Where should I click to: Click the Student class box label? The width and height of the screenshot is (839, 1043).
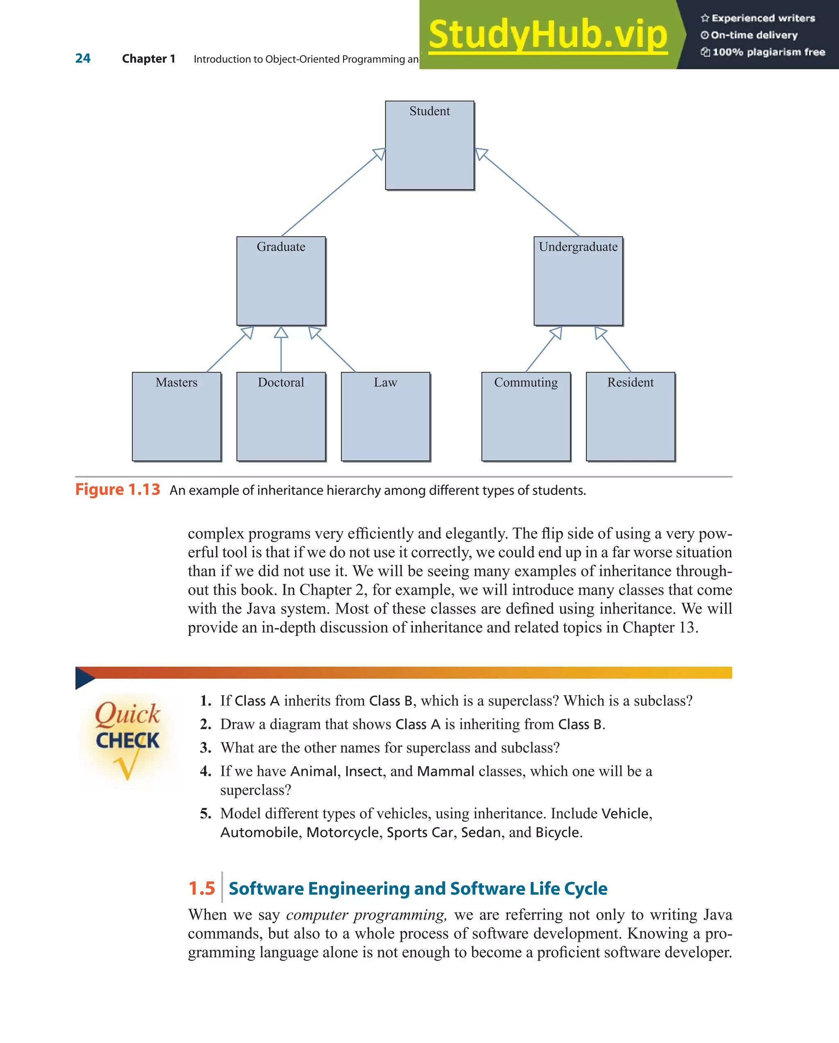click(x=429, y=111)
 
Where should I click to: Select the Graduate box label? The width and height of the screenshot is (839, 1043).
click(x=281, y=247)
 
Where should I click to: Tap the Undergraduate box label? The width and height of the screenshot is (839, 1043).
click(x=578, y=247)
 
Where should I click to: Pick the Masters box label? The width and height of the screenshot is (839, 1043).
click(x=177, y=382)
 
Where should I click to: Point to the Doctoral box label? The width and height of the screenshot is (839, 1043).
click(x=281, y=382)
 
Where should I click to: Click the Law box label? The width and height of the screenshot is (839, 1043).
click(x=385, y=382)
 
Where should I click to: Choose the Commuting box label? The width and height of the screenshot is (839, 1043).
click(x=526, y=382)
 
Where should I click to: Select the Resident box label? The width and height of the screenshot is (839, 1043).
click(x=630, y=382)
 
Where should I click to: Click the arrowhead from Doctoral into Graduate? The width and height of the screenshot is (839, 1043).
click(x=281, y=332)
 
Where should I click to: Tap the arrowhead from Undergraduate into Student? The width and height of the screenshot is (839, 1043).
click(x=481, y=154)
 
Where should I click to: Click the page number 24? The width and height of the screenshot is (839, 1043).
click(x=83, y=59)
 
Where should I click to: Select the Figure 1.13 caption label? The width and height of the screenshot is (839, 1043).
click(x=118, y=490)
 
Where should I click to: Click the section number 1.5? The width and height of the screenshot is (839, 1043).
click(x=202, y=888)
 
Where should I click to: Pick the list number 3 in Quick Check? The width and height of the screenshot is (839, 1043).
click(x=206, y=748)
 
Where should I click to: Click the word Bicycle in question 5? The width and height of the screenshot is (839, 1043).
click(x=557, y=832)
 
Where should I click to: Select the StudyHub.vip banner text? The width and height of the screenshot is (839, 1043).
click(x=547, y=35)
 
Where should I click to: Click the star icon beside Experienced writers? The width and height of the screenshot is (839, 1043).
click(x=705, y=18)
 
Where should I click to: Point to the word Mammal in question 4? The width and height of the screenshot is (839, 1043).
click(x=445, y=771)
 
